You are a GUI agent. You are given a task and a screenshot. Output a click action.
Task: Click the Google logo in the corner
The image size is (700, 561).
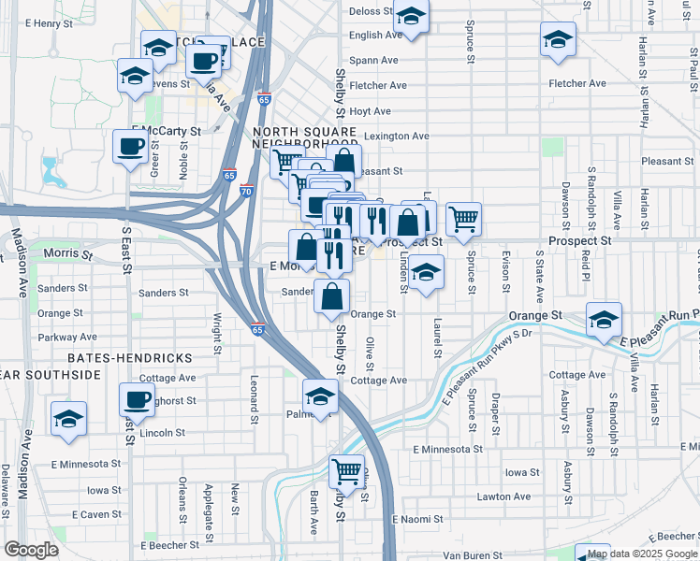click(x=31, y=549)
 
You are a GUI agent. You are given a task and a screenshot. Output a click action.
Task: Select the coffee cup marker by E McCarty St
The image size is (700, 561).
click(x=130, y=147)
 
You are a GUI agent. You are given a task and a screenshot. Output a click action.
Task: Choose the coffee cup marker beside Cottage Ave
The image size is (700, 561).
click(x=137, y=400)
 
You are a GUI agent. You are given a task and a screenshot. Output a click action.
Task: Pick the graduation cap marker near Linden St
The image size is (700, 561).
click(x=426, y=272)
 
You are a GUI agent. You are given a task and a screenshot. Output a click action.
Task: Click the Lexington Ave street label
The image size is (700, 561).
click(x=397, y=136)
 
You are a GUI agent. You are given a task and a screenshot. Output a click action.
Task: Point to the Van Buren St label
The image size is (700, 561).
click(x=474, y=555)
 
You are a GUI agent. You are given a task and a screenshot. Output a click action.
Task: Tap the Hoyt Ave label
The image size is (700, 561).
click(x=370, y=110)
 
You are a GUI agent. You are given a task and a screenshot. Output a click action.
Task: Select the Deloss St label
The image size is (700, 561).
click(x=371, y=11)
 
